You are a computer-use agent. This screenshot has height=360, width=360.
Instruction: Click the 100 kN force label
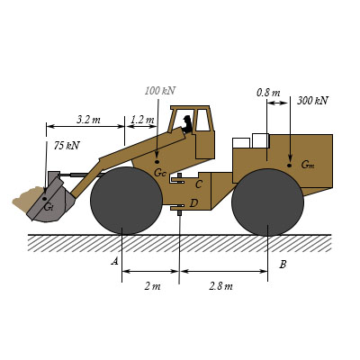160,91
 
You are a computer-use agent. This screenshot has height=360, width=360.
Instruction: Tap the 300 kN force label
312,101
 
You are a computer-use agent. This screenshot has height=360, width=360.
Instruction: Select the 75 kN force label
67,146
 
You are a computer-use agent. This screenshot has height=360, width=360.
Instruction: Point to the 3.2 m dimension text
88,120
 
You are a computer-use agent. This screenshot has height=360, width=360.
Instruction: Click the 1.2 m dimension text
142,120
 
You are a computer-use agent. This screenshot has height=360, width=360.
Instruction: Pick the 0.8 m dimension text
268,93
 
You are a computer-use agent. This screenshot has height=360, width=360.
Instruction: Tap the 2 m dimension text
152,286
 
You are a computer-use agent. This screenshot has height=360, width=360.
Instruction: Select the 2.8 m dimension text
220,286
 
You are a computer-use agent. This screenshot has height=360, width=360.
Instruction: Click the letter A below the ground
114,261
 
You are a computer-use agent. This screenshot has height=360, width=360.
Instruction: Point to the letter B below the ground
283,265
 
